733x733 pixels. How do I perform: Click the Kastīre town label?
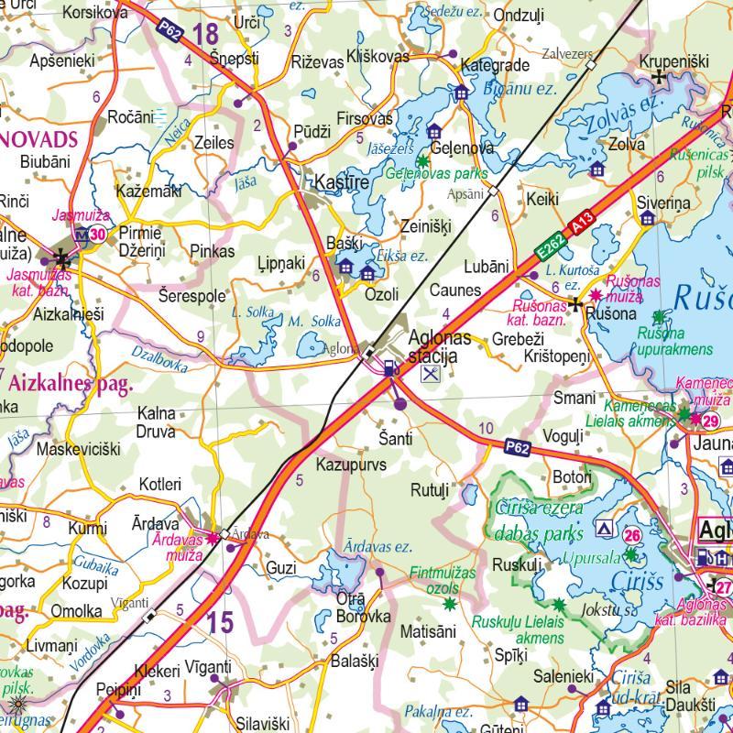pos(341,182)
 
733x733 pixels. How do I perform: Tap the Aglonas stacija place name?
pos(439,346)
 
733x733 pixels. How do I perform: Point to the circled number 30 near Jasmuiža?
pos(97,235)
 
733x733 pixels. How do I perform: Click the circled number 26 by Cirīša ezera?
pos(632,535)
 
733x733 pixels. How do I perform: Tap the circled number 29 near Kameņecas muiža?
pos(711,421)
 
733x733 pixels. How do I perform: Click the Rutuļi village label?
pos(429,490)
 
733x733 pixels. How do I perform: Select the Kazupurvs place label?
pos(351,465)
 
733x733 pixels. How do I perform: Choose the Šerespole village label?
pos(191,296)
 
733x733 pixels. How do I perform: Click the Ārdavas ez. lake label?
pos(377,547)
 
